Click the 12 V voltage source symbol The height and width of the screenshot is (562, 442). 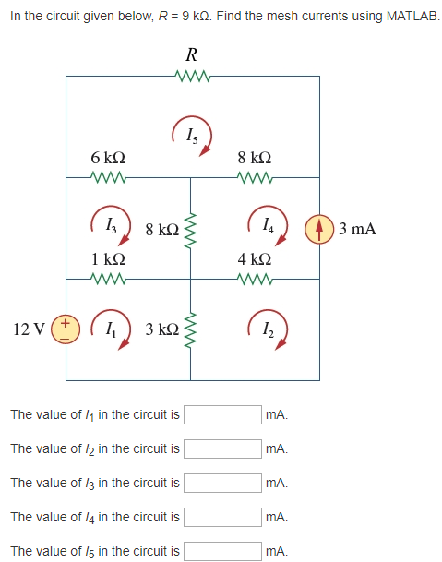coord(66,329)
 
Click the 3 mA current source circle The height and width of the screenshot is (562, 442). coord(319,229)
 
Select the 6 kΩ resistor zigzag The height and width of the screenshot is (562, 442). coord(108,177)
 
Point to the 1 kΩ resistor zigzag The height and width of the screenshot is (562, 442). coord(108,279)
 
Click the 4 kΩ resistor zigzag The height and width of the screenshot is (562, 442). coord(255,279)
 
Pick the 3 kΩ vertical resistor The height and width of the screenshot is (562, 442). coord(190,329)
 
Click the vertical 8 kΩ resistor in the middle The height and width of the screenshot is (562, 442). coord(190,230)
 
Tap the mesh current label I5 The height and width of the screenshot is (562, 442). coord(192,136)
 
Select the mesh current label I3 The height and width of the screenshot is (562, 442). coord(111,226)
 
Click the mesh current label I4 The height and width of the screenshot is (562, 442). coord(268,226)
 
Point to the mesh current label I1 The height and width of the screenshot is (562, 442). coord(111,329)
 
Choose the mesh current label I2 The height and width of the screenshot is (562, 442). coord(268,329)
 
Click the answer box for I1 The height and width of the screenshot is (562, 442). coord(222,414)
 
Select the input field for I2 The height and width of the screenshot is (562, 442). coord(222,448)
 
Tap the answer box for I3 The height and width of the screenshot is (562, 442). coord(222,483)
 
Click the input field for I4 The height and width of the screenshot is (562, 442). coord(222,517)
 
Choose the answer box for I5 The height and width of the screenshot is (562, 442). coord(222,551)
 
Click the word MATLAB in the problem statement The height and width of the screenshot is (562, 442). coord(412,16)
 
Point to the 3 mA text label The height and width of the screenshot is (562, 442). coord(357,229)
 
